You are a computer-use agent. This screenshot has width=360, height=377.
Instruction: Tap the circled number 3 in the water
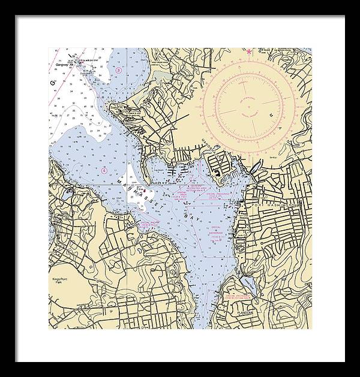coord(119,70)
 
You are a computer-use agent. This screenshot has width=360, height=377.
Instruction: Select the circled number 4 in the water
coord(104,170)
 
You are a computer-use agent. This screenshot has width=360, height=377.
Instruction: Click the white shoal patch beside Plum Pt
coord(144,198)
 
